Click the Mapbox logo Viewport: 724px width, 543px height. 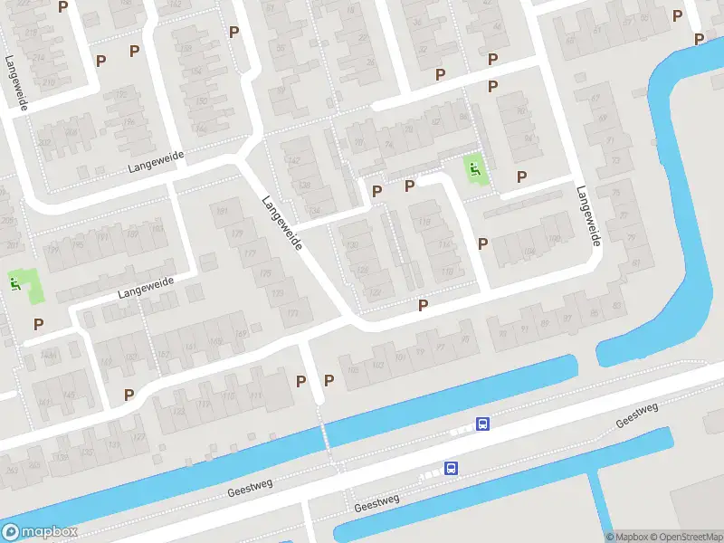(40, 532)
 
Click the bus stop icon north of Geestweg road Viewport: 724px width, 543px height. (483, 424)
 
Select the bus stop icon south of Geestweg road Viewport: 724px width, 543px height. (451, 468)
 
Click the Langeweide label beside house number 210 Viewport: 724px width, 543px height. (15, 83)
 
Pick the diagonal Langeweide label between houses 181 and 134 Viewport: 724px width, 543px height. (281, 213)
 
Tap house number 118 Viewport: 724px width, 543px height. (424, 223)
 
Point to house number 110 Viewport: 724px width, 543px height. (446, 271)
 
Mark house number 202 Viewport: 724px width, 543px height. (44, 142)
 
